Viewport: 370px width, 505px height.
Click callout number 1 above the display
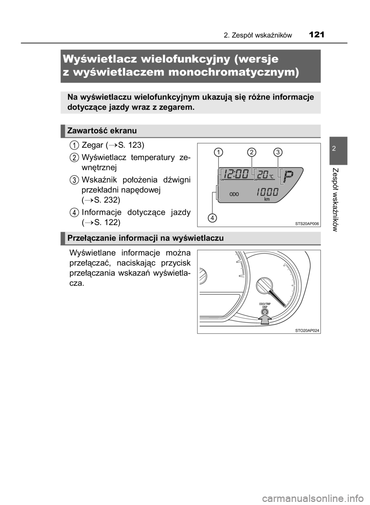pos(219,153)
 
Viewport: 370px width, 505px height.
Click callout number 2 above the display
pos(251,152)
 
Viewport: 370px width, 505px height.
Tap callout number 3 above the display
pos(277,152)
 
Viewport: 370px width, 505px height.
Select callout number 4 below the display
pos(211,218)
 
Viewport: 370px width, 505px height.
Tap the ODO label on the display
pos(234,194)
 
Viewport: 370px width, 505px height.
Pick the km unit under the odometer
pos(267,200)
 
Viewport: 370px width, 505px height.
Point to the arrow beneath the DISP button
pos(264,319)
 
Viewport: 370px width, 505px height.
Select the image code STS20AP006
pos(307,223)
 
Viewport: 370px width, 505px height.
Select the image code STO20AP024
pos(307,330)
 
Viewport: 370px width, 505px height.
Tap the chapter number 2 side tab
pos(338,148)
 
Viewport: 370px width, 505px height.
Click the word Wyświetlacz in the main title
pos(99,60)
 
